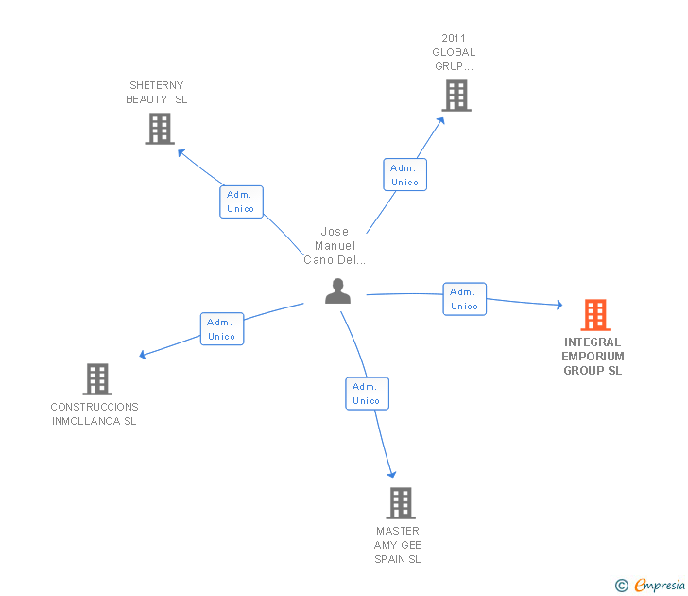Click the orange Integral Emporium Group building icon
coord(594,315)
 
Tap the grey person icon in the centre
coord(337,291)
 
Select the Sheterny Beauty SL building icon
coord(160,129)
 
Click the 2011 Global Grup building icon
coord(456,96)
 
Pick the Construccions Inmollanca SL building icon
coord(97,379)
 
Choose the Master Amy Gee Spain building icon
coord(401,503)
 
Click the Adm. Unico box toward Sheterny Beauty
coord(241,202)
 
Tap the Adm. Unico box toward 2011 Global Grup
coord(404,175)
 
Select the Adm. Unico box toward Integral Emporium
coord(464,299)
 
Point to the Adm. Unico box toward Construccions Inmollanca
coord(222,329)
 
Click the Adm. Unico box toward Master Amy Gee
coord(366,394)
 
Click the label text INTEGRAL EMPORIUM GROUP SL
coord(593,357)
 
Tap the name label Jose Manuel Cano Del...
coord(335,246)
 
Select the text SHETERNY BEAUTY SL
coord(157,92)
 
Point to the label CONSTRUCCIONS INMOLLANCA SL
coord(95,413)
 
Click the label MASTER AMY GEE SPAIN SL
coord(397,545)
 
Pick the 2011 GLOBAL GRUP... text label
coord(454,53)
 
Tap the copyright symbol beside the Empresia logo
coord(621,586)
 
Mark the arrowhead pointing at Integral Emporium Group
coord(559,306)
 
